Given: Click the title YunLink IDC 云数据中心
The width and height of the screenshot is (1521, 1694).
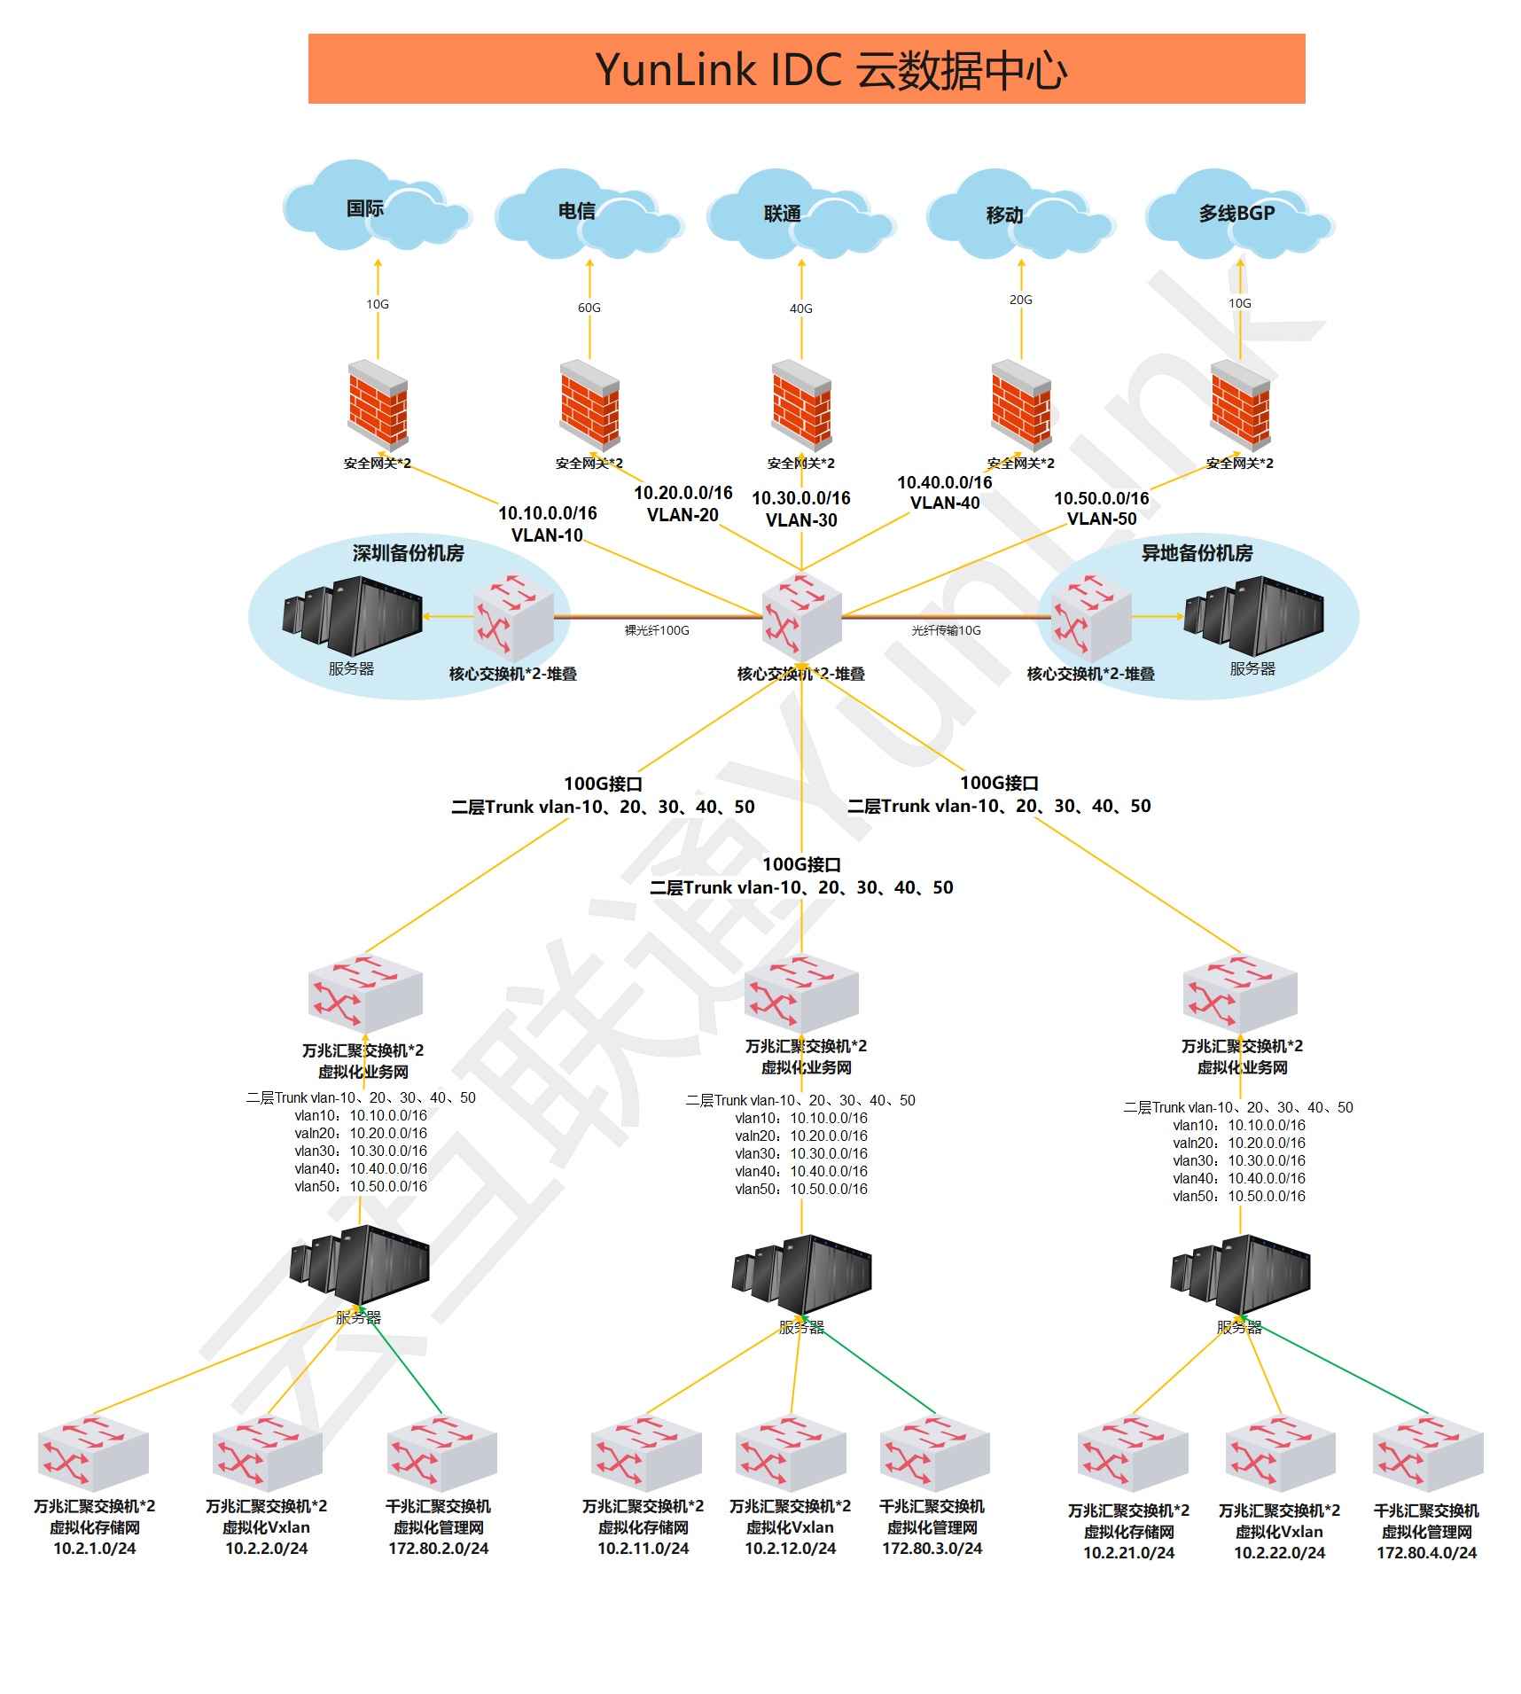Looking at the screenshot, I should coord(831,70).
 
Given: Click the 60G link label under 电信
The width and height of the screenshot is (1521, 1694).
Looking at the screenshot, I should coord(589,308).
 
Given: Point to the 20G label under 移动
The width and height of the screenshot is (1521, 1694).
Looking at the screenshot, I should coord(1020,300).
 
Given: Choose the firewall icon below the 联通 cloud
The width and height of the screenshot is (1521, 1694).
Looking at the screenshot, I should coord(801,405).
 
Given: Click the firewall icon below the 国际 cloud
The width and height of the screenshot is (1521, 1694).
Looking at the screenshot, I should coord(378,405).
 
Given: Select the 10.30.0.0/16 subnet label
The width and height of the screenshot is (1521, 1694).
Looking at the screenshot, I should coord(800,498).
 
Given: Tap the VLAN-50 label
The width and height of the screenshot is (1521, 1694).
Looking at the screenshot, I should coord(1101,519).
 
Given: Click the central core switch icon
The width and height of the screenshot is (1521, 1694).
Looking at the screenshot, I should coord(801,617).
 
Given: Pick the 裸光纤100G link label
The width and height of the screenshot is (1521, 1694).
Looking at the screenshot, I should coord(657,630).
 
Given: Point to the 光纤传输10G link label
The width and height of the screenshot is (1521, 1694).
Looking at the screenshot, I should coord(946,630).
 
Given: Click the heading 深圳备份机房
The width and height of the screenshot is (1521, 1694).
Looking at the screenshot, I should coord(408,553).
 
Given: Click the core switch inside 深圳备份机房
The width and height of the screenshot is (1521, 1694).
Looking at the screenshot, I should coord(513,617).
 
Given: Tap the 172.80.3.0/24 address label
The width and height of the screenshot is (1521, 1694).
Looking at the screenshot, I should coord(932,1549).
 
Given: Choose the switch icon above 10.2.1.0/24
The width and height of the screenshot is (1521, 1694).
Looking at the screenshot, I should coord(93,1453).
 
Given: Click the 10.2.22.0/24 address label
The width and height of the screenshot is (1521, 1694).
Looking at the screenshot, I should coord(1279,1553).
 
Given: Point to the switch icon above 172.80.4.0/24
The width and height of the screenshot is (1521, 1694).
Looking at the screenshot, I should coord(1427,1454).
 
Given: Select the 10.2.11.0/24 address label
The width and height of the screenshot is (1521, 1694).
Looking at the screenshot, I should coord(643,1549).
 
